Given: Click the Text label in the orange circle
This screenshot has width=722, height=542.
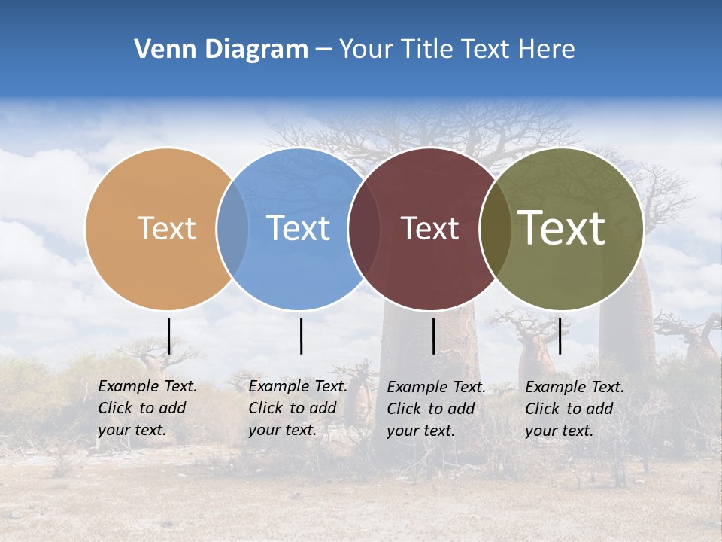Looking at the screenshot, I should point(166,228).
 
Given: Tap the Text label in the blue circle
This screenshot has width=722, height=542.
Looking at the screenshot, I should point(299,228).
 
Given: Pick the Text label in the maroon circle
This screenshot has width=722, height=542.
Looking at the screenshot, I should point(429,228).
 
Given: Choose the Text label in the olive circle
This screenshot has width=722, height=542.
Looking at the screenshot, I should point(562,228).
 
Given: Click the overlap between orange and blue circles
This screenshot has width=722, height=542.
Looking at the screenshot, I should point(232,229).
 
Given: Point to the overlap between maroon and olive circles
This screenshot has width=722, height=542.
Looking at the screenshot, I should point(496,229).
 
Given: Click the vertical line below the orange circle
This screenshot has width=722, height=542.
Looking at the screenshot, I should point(169,336).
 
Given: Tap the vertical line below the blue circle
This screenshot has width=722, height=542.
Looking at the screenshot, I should point(301,336).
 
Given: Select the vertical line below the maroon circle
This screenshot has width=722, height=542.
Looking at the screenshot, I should point(433,336).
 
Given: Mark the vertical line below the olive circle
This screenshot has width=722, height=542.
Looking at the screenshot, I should point(560,336).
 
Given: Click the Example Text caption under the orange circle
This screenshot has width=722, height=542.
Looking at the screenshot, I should point(147,408).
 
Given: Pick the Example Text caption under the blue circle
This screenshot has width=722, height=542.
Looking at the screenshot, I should point(298,408).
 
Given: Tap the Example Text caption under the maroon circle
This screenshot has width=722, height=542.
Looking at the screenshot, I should point(436,409).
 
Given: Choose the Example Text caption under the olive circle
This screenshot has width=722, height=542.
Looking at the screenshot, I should point(575,409).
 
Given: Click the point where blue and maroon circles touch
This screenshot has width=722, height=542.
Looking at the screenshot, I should point(363,229).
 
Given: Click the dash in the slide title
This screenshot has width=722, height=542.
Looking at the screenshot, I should point(323,50).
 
